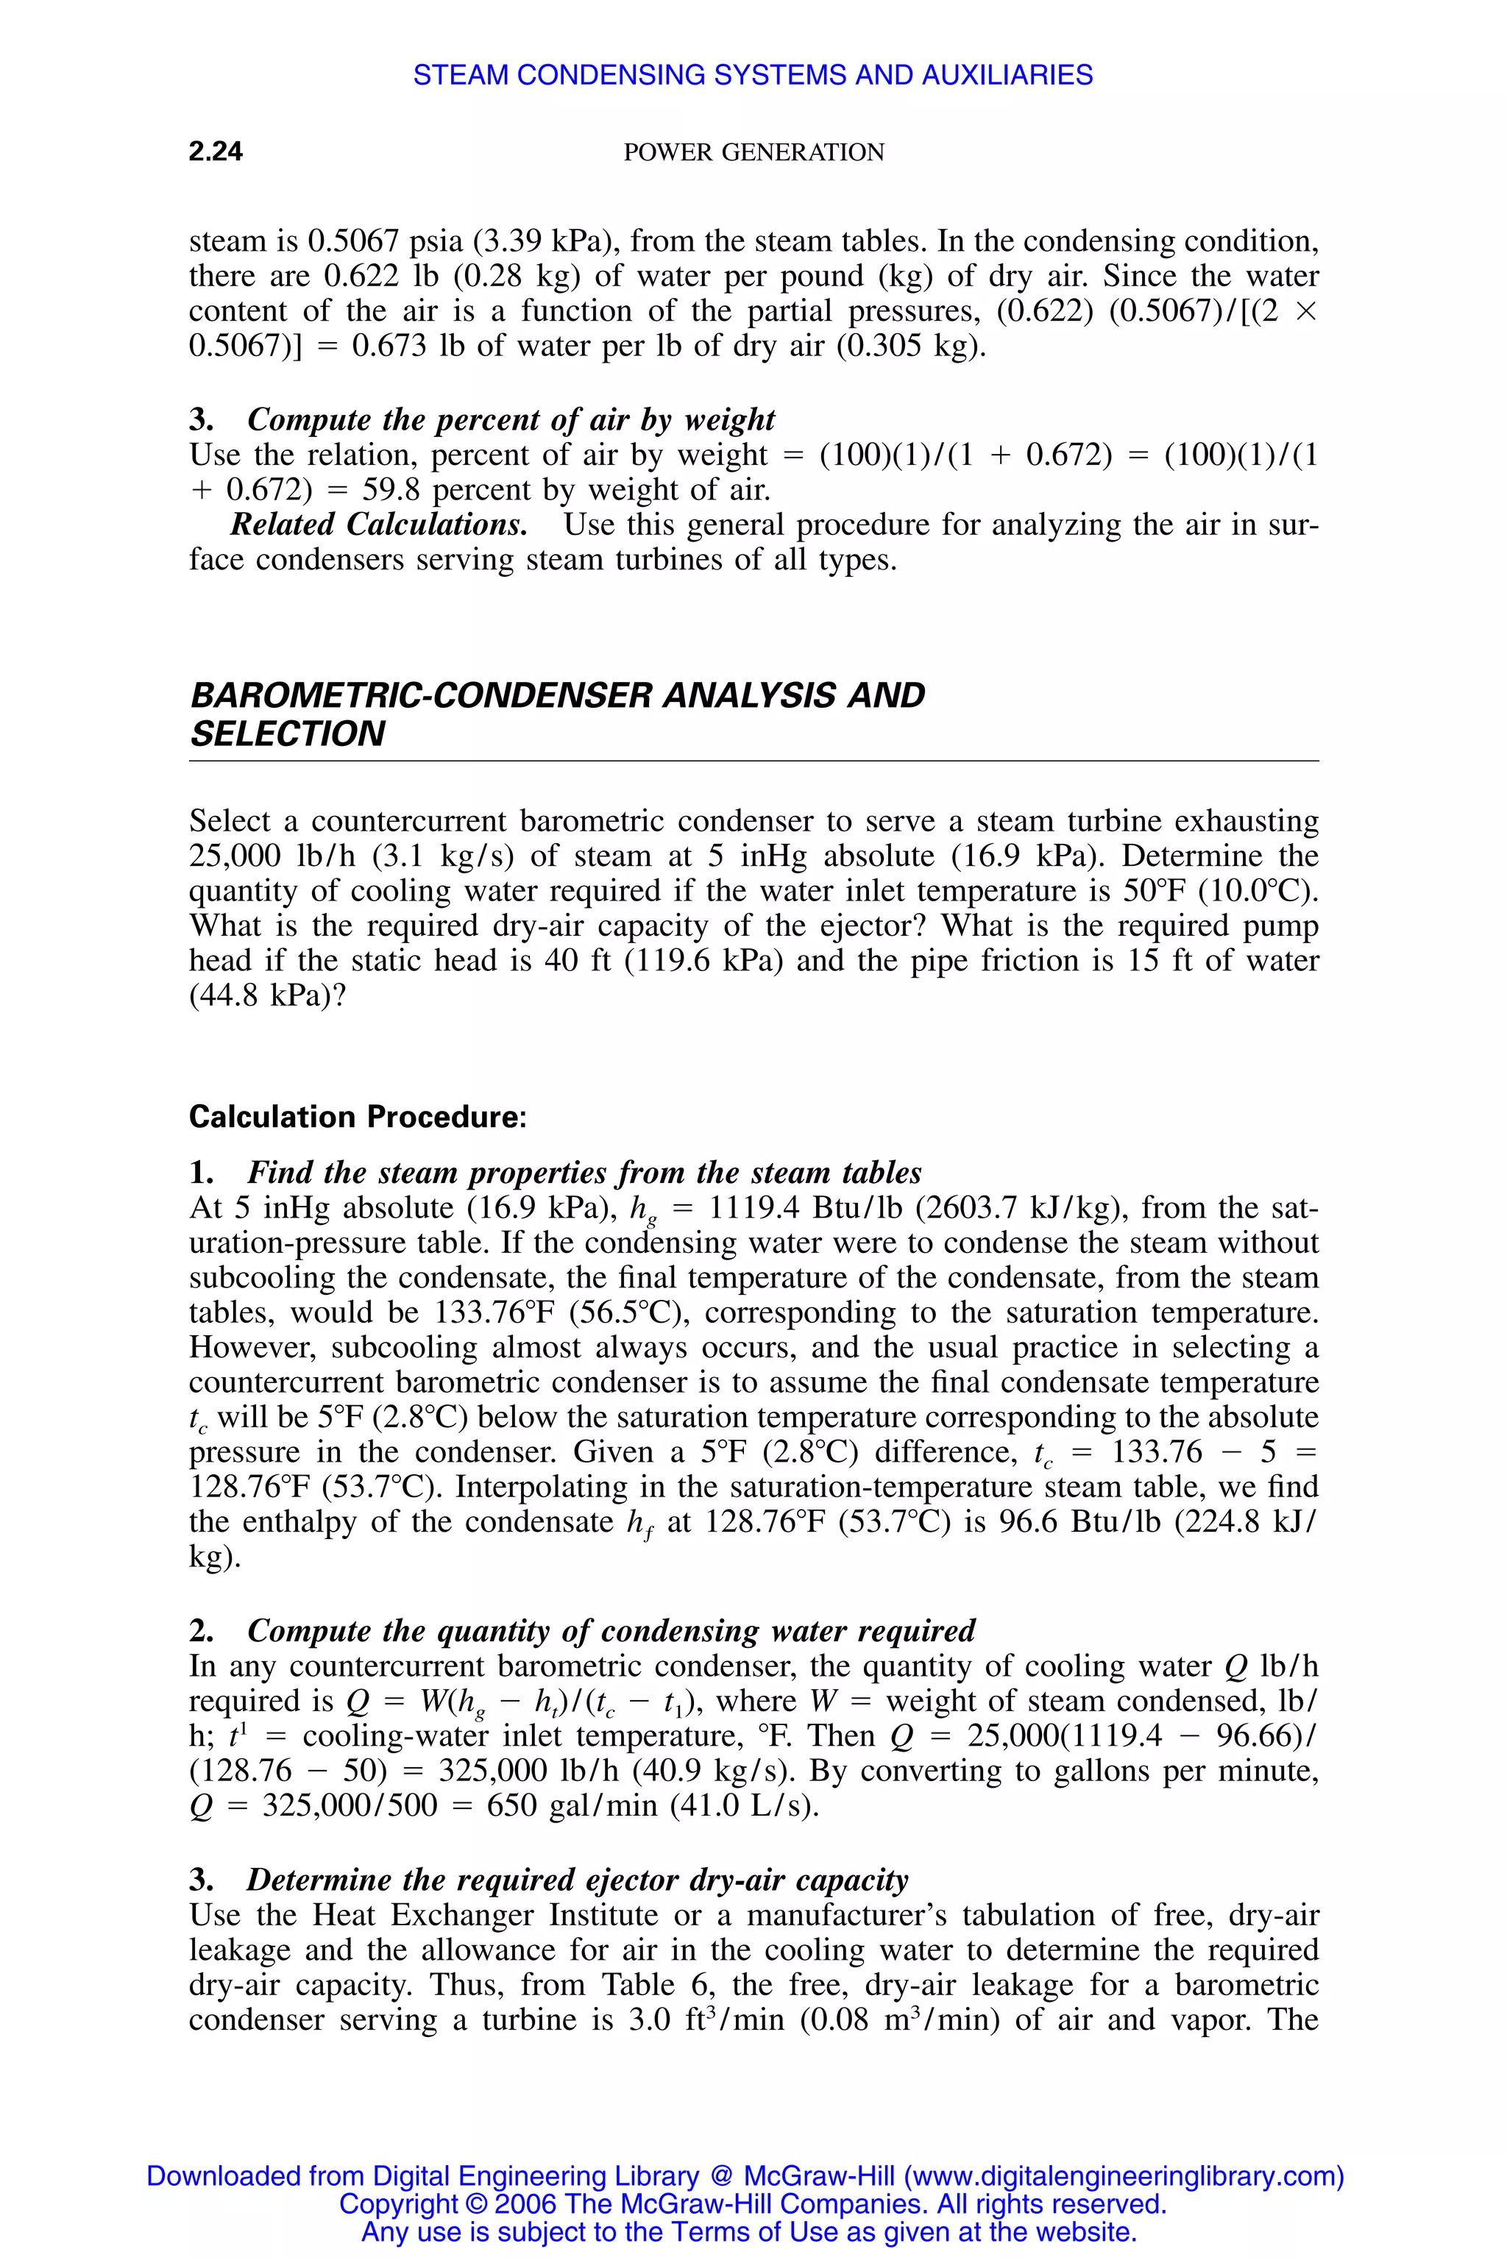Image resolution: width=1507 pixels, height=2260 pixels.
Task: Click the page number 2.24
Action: pos(216,151)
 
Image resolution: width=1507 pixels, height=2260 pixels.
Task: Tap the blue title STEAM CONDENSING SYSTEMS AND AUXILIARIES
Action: pos(753,75)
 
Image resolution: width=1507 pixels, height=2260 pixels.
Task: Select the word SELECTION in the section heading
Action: pos(288,734)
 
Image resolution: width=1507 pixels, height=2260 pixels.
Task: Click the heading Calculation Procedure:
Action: pos(358,1117)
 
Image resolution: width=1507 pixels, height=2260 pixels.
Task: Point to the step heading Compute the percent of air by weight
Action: pos(511,420)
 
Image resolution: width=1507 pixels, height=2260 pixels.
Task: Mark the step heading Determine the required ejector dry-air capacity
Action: pos(577,1880)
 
